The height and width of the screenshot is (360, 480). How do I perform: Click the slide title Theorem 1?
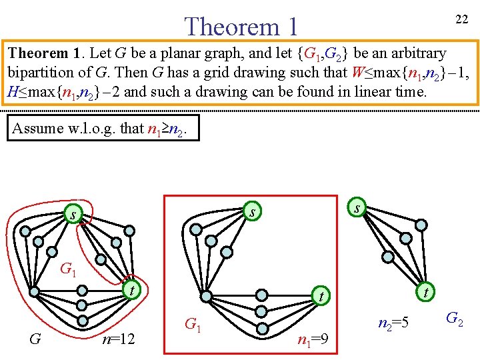click(241, 27)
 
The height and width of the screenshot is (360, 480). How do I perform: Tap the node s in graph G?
click(72, 215)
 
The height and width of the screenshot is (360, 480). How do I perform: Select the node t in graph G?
click(132, 290)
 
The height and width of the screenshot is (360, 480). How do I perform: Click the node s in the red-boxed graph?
click(251, 213)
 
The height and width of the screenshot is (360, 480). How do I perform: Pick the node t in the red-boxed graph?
click(321, 295)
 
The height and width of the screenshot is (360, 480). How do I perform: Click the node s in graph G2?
click(358, 208)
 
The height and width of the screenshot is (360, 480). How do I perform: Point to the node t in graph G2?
click(425, 291)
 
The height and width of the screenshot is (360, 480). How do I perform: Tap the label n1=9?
click(313, 342)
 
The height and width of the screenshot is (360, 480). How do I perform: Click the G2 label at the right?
click(455, 318)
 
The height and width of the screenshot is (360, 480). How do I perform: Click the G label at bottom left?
click(35, 339)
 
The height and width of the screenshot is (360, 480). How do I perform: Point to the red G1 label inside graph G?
click(68, 269)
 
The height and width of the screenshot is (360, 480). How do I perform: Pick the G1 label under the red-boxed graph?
click(192, 325)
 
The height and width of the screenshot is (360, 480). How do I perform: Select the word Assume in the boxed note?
click(37, 128)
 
